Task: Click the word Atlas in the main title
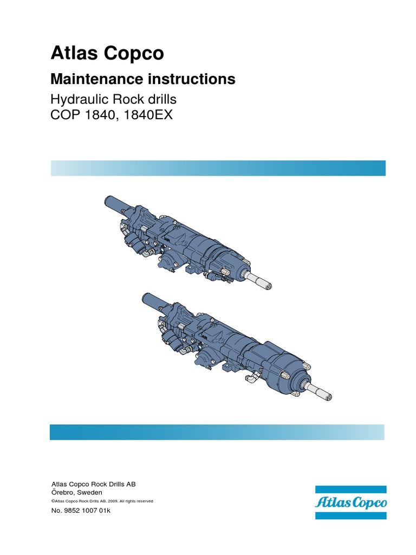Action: pos(74,53)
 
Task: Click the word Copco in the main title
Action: pos(134,54)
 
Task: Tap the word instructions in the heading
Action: pos(191,79)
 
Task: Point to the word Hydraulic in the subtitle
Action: pos(80,100)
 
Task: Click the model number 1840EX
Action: pos(148,115)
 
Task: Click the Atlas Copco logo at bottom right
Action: pos(350,502)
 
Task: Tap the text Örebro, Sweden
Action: pos(77,492)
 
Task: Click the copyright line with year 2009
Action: pos(102,501)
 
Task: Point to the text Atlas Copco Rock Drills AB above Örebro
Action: pos(93,484)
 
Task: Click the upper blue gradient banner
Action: pos(218,168)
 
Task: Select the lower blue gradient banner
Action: pos(217,432)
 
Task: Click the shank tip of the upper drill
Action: pos(268,285)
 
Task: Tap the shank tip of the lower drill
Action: pos(328,397)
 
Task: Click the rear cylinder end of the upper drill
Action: pos(108,201)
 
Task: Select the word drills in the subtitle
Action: pos(162,100)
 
